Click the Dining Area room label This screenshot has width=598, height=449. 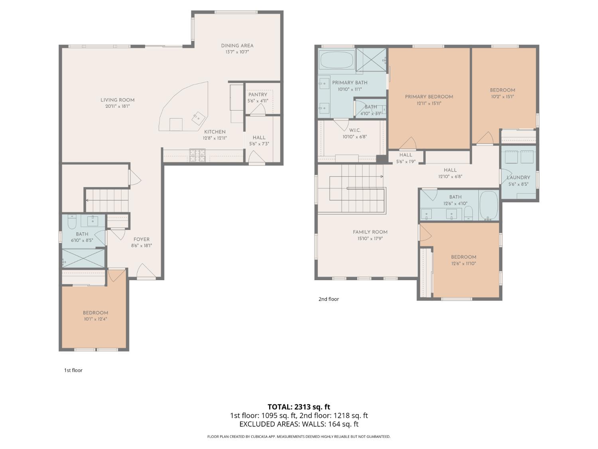[x=237, y=45]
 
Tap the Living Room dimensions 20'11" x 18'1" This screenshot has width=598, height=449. [x=117, y=107]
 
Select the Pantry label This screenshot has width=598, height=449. [x=258, y=95]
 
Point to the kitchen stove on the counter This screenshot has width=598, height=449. [x=197, y=155]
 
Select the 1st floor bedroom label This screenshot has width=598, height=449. [x=95, y=313]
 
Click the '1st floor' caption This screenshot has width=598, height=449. [x=73, y=370]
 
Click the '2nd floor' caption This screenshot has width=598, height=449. [x=329, y=299]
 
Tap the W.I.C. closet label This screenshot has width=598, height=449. [x=354, y=130]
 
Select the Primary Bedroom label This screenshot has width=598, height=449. [x=429, y=97]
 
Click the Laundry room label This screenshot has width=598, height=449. [x=518, y=178]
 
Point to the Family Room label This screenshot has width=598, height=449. [x=370, y=232]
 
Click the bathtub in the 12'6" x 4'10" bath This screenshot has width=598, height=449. [x=488, y=205]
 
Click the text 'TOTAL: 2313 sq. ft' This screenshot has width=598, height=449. [x=299, y=407]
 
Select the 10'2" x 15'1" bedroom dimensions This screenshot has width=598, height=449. [x=503, y=97]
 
